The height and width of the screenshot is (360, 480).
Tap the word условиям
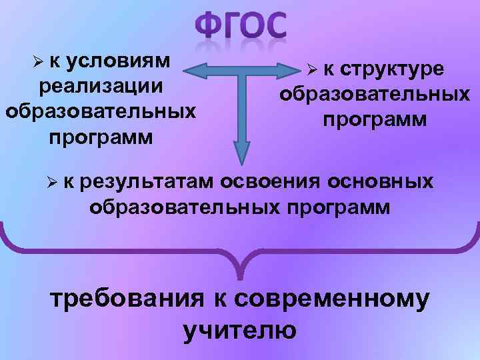click(x=125, y=61)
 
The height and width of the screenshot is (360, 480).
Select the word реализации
click(x=101, y=86)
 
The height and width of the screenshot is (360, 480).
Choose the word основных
click(x=383, y=181)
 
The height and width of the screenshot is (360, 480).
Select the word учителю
click(x=239, y=330)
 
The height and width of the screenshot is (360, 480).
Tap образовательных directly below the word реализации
click(x=100, y=111)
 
